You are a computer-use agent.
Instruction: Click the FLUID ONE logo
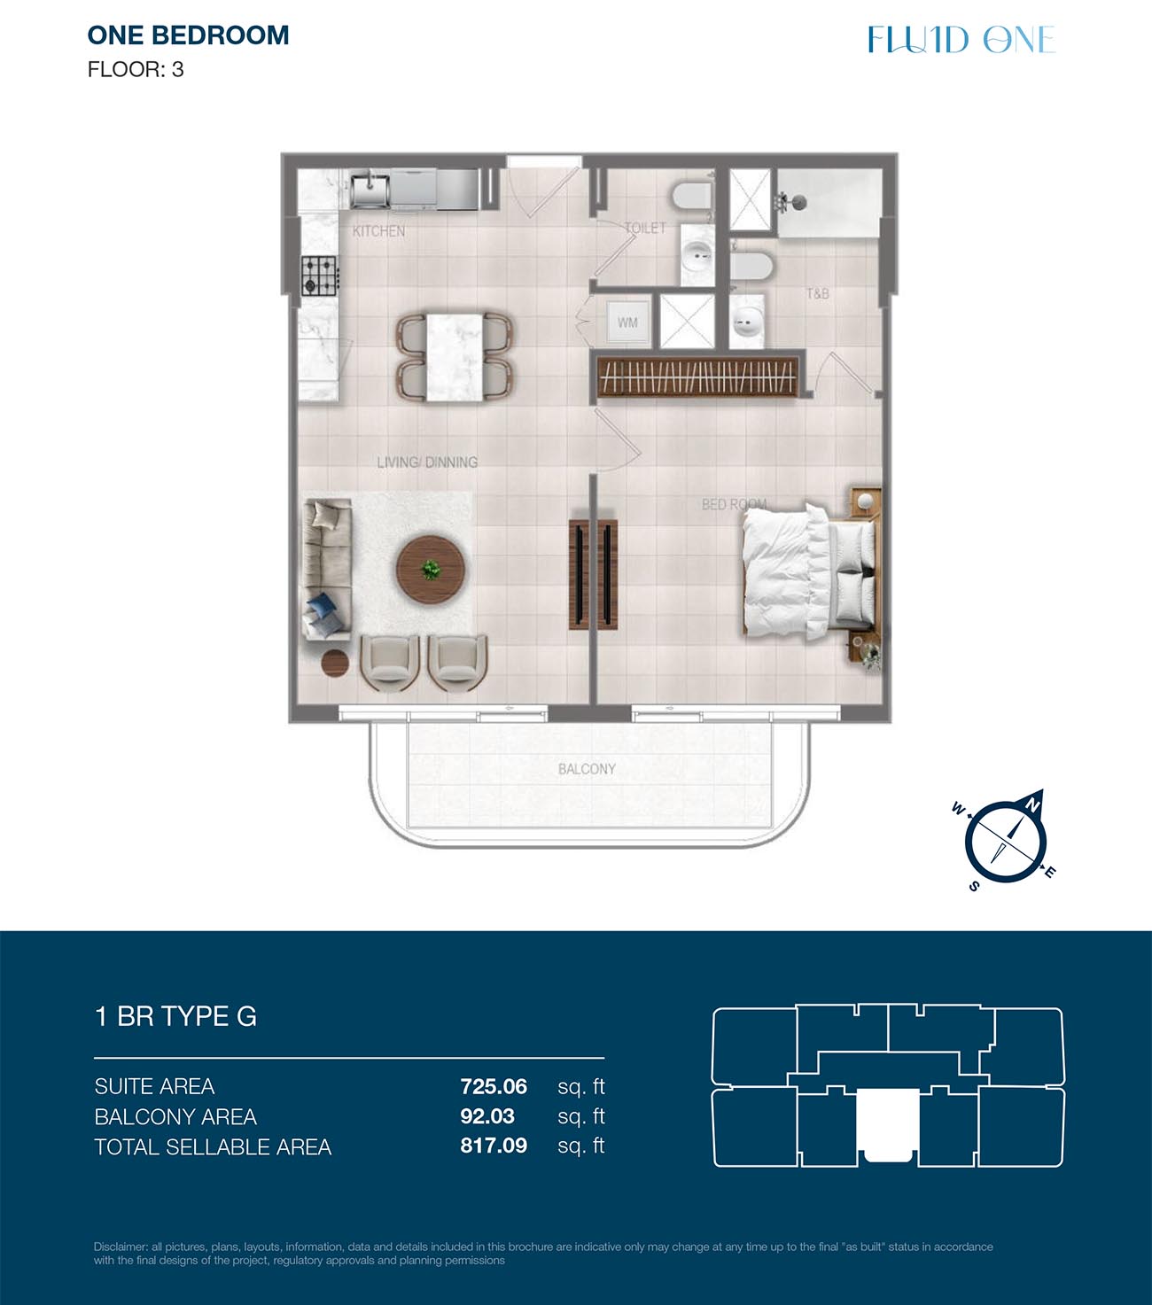coord(961,39)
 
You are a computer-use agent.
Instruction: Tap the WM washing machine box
coord(627,322)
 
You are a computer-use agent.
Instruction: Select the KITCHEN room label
coord(379,231)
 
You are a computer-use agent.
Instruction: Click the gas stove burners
coord(319,276)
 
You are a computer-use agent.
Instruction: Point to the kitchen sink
coord(370,190)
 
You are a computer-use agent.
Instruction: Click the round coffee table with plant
coord(431,570)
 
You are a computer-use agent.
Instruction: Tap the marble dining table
coord(455,358)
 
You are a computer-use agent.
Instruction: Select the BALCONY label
coord(587,768)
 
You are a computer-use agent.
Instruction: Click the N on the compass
coord(1032,805)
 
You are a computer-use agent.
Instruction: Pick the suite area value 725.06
coord(494,1087)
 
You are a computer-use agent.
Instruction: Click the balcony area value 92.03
coord(487,1115)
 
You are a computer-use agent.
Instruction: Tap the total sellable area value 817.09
coord(494,1146)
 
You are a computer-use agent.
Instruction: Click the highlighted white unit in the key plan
coord(888,1125)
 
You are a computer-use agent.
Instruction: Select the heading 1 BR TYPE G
coord(175,1016)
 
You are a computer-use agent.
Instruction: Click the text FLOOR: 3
coord(136,69)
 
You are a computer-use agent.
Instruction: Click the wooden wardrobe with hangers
coord(697,377)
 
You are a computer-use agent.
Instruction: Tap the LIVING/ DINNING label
coord(427,462)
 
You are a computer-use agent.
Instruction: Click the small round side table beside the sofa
coord(335,663)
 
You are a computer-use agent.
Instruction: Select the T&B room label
coord(818,294)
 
